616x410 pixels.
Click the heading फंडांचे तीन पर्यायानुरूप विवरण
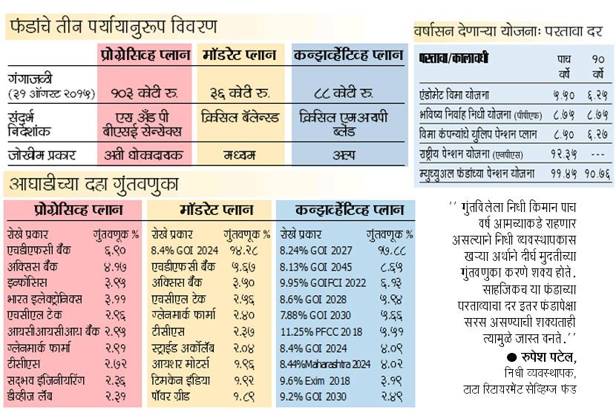(114, 27)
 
